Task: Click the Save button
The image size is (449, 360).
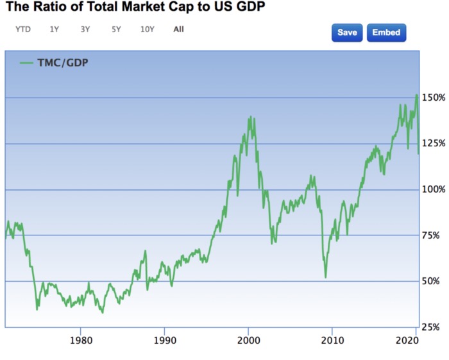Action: tap(347, 33)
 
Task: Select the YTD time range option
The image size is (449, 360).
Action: tap(23, 29)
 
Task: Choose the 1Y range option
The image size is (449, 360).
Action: tap(55, 29)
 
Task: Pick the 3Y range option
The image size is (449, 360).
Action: tap(85, 29)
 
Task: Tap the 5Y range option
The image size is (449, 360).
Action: tap(116, 29)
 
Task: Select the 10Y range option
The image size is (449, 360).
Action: tap(148, 29)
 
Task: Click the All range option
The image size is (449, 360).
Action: tap(178, 29)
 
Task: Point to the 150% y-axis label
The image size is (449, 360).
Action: tap(434, 98)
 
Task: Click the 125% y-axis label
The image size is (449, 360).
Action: tap(434, 144)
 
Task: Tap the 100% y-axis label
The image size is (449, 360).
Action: tap(434, 190)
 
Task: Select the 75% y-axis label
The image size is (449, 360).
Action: tap(434, 236)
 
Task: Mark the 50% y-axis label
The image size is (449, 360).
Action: tap(434, 281)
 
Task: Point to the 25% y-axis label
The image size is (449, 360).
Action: tap(434, 327)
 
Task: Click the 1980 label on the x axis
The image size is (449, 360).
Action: tap(80, 340)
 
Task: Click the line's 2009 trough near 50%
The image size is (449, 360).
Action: tap(326, 277)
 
